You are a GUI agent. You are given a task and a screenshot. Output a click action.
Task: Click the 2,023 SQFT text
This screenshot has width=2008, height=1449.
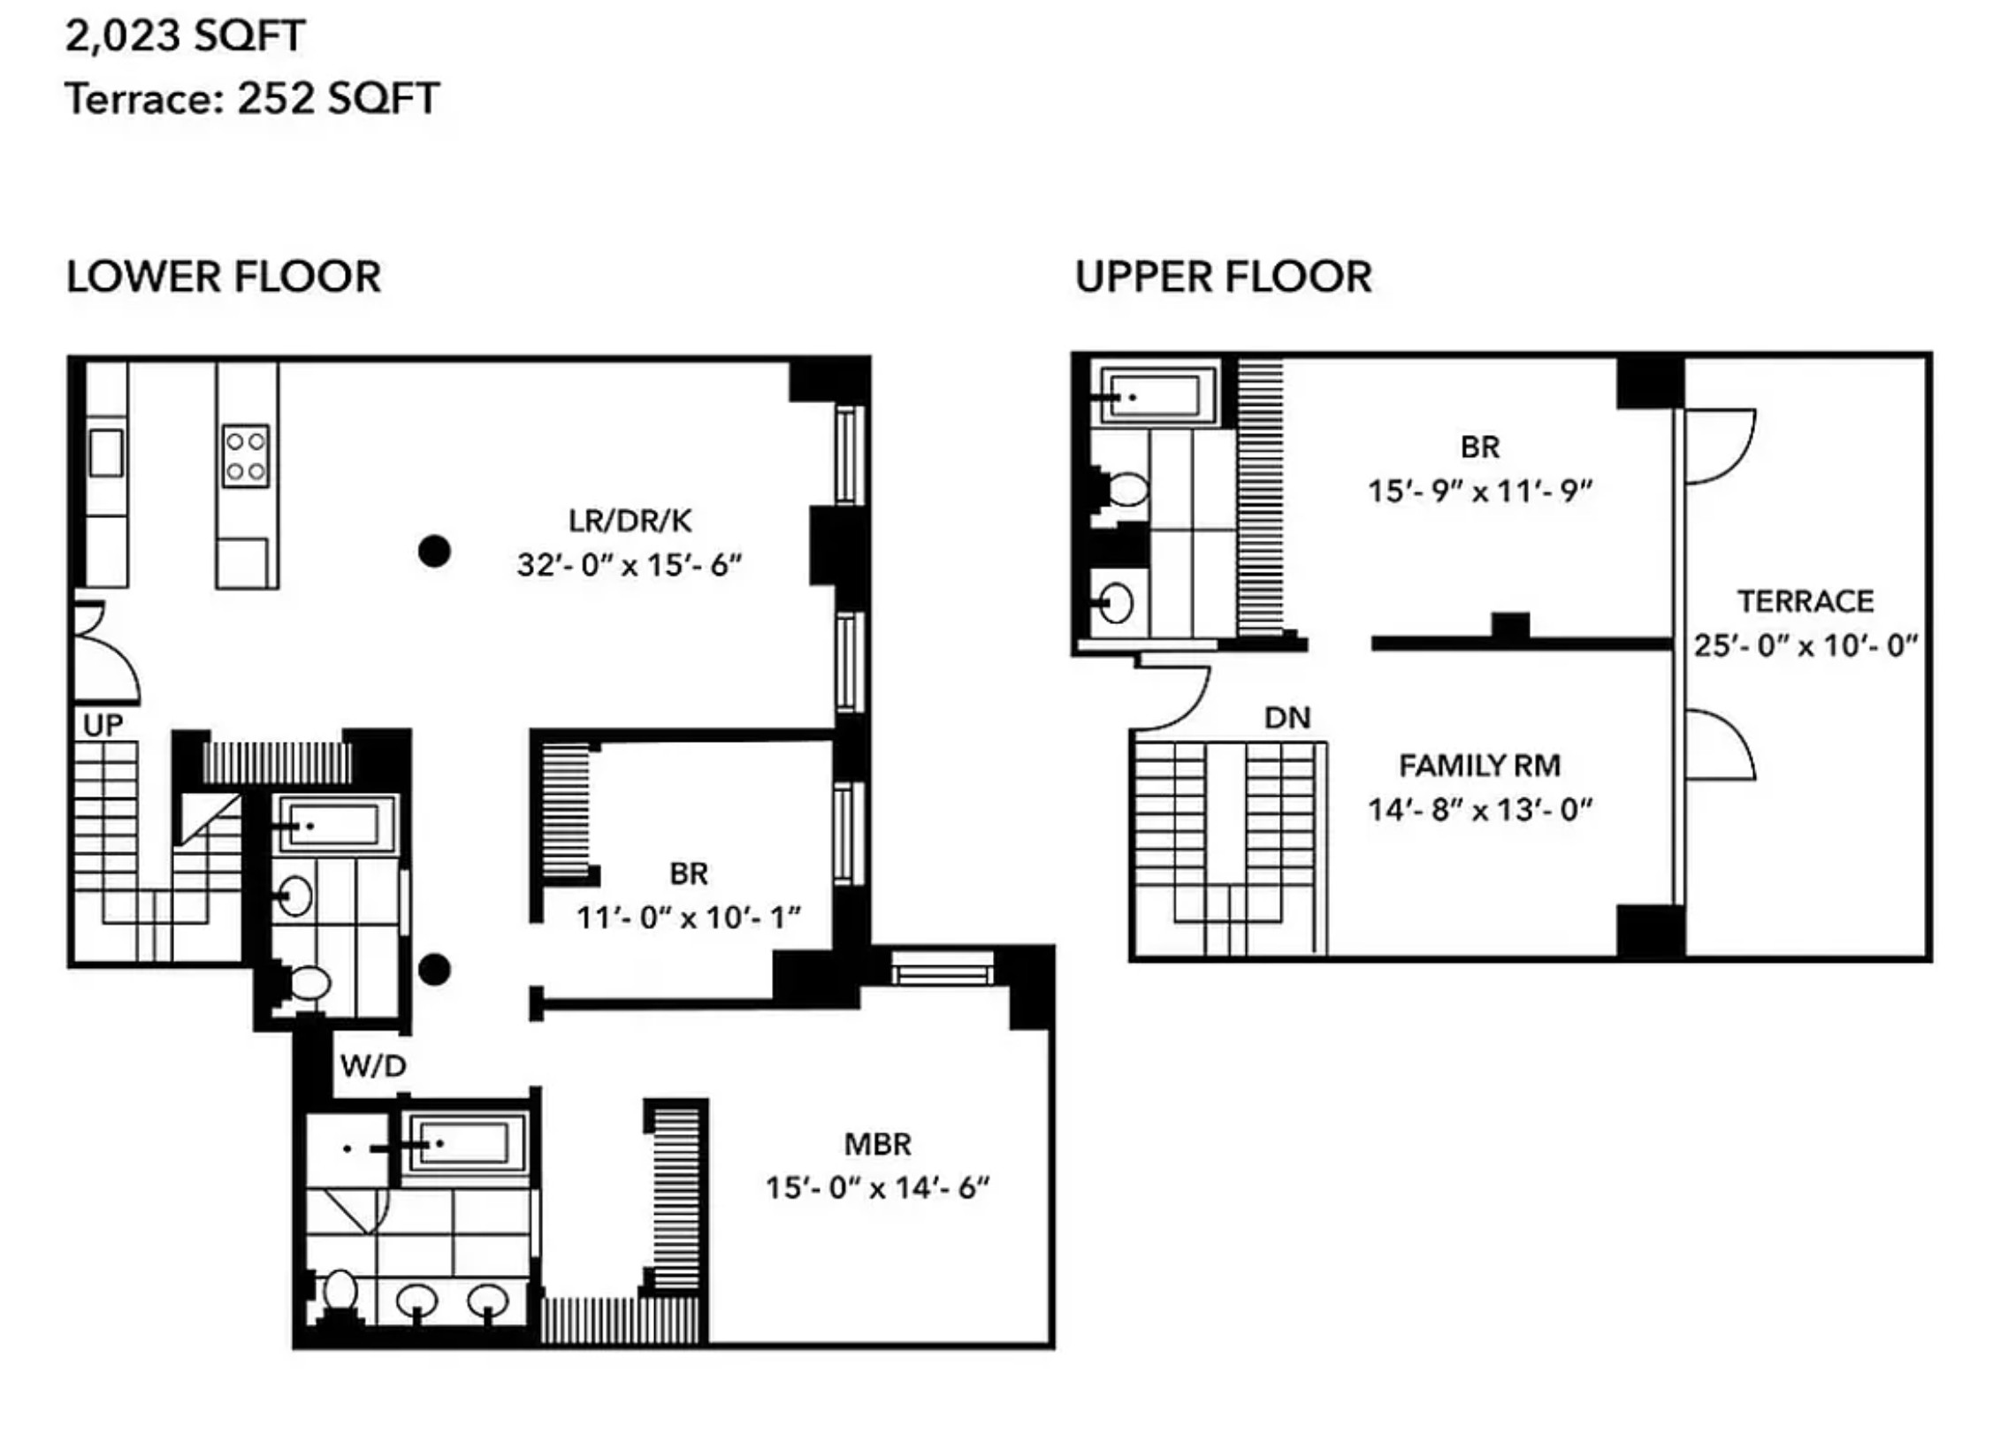pos(185,36)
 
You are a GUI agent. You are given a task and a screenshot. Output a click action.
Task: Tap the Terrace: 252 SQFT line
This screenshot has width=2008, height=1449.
pos(251,98)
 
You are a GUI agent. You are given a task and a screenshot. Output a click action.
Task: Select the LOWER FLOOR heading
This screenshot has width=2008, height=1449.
pos(223,277)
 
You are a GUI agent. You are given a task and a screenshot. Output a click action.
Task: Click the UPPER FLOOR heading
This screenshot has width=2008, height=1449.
pos(1223,277)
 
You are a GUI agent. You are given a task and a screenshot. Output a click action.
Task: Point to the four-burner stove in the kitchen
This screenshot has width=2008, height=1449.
pos(245,456)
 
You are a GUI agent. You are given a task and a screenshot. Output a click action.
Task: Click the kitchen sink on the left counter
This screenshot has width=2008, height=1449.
pos(105,453)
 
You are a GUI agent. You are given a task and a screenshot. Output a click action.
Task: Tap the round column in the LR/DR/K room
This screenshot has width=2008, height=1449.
pos(434,552)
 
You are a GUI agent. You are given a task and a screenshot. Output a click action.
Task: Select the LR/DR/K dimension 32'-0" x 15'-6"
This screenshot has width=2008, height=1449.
pos(629,565)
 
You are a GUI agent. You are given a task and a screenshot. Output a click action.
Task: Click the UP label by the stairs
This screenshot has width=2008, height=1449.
pos(103,726)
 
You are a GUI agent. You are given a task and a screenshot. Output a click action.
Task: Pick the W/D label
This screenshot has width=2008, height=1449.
pos(373,1065)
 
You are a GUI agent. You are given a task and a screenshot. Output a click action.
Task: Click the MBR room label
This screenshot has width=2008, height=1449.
pos(876,1145)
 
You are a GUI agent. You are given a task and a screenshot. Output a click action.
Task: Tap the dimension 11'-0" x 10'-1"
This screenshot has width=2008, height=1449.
pos(688,918)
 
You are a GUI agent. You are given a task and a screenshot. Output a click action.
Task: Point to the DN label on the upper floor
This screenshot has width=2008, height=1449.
pos(1286,718)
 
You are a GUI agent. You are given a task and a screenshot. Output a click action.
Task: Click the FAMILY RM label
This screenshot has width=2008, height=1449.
pos(1478,766)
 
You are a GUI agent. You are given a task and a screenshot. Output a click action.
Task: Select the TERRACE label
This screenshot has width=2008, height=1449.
pos(1805,602)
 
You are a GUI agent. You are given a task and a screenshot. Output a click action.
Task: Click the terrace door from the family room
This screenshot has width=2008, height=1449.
pos(1718,745)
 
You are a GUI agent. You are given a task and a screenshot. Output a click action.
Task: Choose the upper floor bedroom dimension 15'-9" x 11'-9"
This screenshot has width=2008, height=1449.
pos(1479,492)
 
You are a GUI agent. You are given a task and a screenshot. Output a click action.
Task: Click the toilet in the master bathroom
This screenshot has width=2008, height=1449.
pos(339,1293)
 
